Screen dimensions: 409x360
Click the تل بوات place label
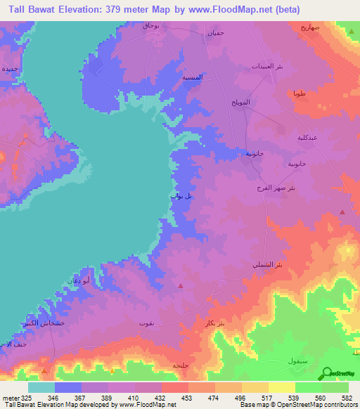point(181,197)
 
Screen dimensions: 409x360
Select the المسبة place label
point(193,78)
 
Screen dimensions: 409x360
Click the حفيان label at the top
point(215,32)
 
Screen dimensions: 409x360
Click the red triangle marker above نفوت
point(181,285)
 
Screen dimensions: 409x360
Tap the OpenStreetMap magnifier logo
point(327,374)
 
